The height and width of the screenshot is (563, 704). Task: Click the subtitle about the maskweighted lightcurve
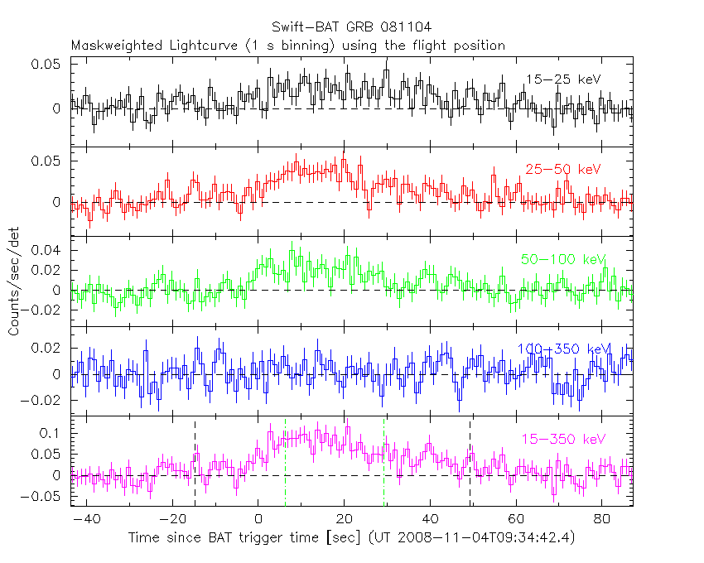[x=287, y=46]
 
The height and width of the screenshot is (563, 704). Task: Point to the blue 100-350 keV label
[x=562, y=349]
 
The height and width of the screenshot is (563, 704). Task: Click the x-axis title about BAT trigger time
[x=351, y=538]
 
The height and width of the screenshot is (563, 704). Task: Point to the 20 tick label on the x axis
[x=344, y=518]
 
